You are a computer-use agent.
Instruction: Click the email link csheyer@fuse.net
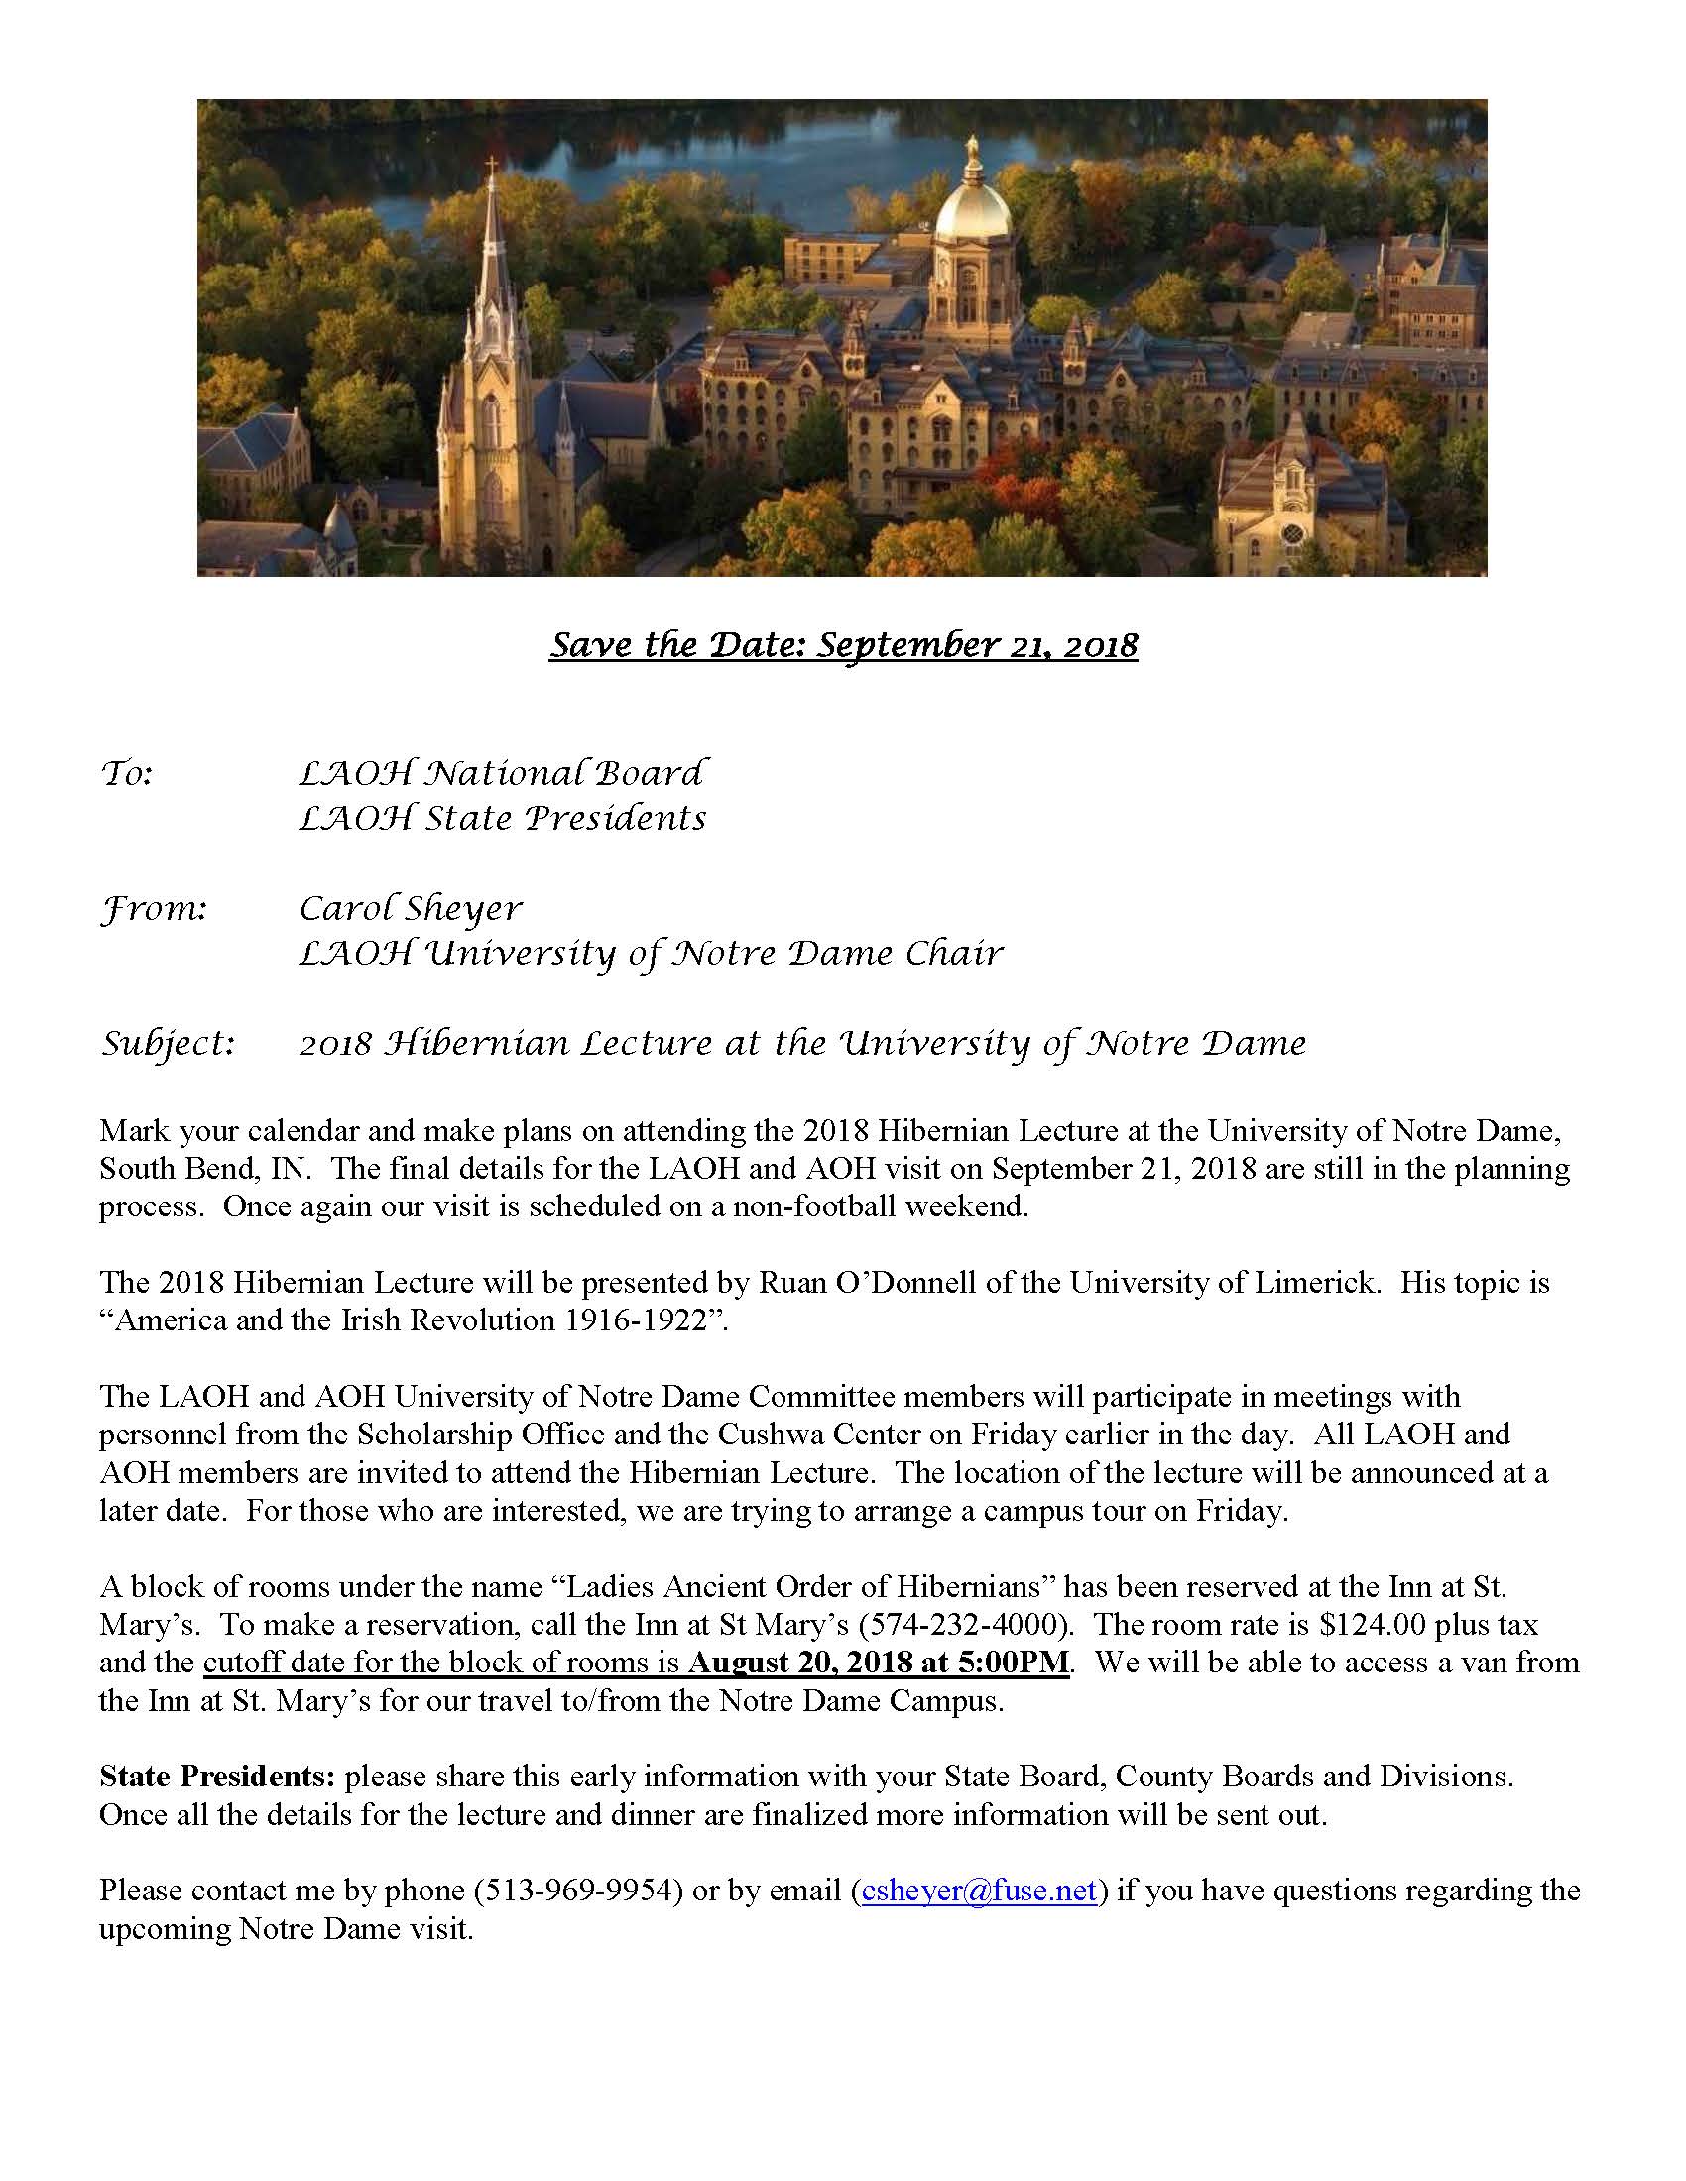click(979, 1891)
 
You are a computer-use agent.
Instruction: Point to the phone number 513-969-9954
click(577, 1891)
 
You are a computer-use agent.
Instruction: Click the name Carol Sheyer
click(411, 908)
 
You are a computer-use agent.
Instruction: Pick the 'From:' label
click(154, 909)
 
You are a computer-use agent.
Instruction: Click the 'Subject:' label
click(168, 1044)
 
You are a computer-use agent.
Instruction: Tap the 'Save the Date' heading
click(843, 645)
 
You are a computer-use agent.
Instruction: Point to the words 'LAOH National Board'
click(504, 774)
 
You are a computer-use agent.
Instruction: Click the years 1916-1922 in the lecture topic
click(628, 1320)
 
